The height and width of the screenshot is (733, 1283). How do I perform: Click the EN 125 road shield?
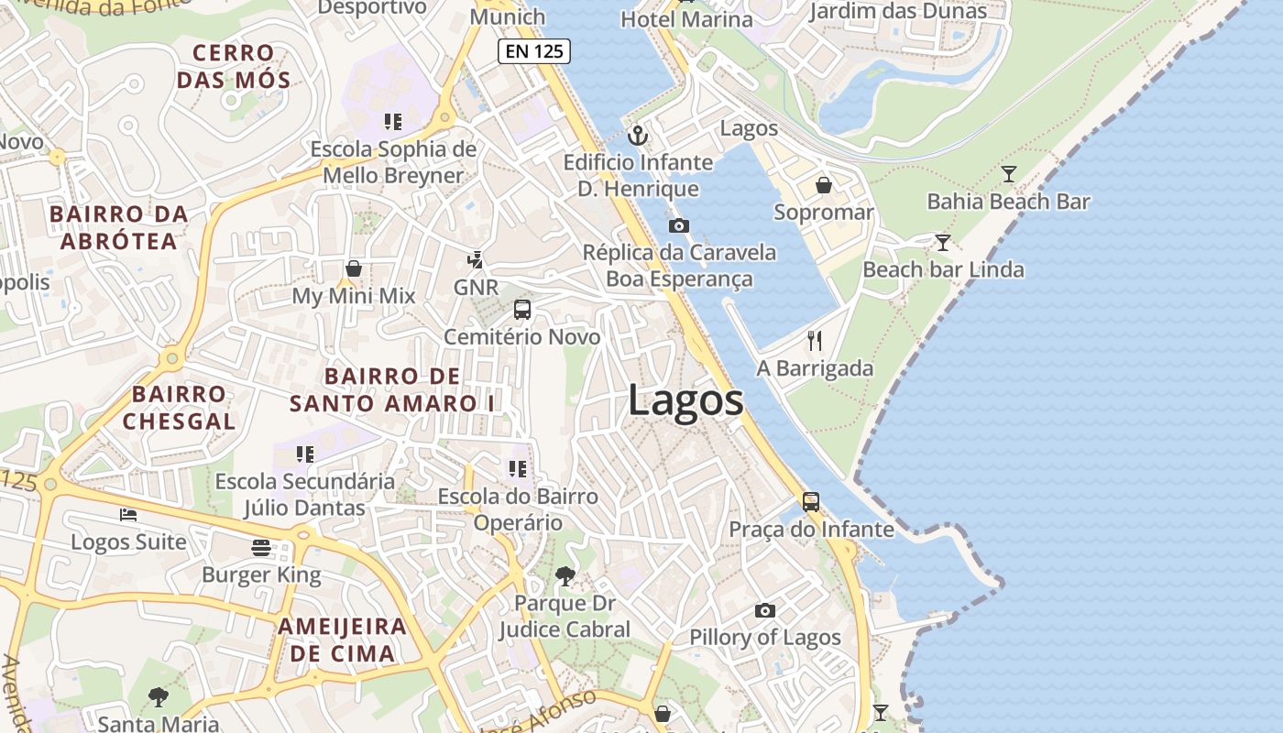point(534,51)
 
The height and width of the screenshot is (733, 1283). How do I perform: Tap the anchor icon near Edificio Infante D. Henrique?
point(638,137)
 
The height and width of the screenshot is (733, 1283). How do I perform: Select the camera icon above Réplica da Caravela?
point(679,225)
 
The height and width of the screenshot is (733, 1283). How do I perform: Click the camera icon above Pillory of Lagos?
point(765,610)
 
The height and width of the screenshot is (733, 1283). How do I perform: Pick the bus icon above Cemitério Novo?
point(522,310)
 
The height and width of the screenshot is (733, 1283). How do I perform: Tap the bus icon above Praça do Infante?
point(811,502)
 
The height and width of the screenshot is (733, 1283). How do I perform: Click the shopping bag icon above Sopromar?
point(824,186)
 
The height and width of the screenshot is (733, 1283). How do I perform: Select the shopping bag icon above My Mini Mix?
point(354,268)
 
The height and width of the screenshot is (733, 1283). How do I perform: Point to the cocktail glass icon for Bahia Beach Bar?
point(1009,174)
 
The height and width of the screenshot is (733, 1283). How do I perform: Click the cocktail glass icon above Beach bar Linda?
point(942,243)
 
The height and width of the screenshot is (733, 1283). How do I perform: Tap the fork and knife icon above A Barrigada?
point(815,341)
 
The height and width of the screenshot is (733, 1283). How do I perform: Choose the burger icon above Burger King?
point(261,548)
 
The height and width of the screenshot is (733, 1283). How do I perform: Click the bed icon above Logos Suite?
point(128,515)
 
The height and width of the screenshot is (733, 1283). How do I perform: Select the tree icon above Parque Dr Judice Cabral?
point(565,575)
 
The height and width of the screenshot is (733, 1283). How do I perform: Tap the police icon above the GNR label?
point(475,260)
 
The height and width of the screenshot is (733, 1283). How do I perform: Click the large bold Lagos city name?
point(685,401)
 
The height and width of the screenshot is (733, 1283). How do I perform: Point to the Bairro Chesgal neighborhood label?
point(179,408)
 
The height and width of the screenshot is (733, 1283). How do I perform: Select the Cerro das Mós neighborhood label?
point(234,66)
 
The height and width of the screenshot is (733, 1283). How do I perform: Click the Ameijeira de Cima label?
point(343,640)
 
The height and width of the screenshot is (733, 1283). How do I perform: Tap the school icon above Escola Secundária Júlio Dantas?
point(305,454)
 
